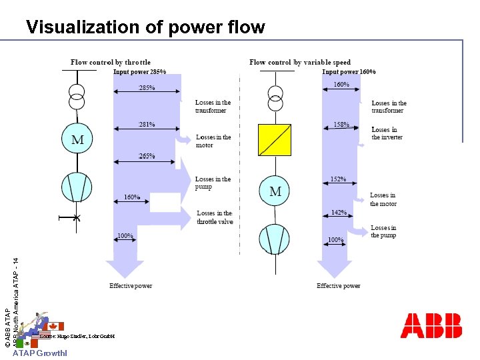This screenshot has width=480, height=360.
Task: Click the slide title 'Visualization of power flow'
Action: [145, 27]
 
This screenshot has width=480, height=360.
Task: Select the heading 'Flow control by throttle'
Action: [111, 62]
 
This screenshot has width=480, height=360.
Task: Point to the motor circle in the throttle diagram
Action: [78, 140]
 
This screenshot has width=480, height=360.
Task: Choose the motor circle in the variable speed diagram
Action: [275, 192]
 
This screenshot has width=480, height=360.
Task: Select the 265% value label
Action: [146, 156]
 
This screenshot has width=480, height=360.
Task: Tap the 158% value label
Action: [341, 124]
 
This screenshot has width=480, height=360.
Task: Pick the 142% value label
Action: [339, 213]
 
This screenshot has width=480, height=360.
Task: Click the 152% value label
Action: [339, 179]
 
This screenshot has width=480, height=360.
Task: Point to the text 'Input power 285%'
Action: [140, 71]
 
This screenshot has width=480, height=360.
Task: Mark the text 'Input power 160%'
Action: [349, 71]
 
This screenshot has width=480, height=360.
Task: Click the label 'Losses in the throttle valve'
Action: [215, 217]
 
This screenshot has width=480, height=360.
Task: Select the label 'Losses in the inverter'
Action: [387, 133]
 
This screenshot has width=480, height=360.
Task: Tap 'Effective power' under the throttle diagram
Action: [131, 286]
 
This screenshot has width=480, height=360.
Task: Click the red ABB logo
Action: [431, 325]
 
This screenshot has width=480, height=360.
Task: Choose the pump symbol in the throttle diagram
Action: [78, 187]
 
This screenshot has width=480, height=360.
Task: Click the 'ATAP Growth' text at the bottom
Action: [39, 354]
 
